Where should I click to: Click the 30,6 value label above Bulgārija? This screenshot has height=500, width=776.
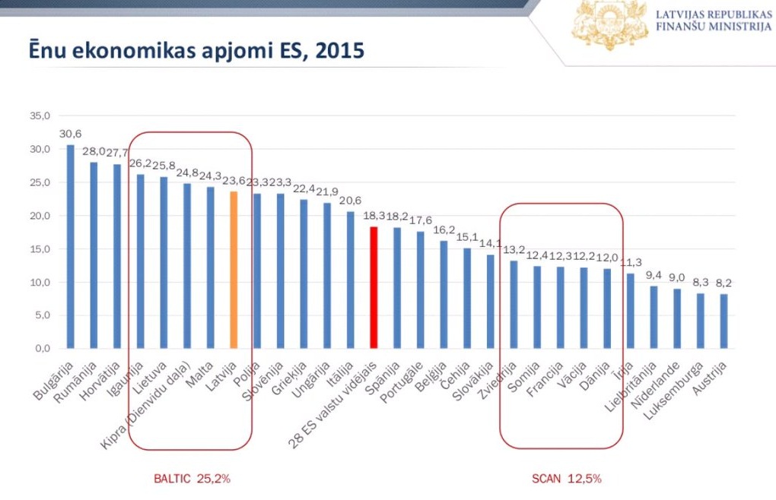(70, 134)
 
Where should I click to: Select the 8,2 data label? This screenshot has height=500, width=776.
(723, 283)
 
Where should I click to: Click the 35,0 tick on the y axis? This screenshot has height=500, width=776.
(40, 116)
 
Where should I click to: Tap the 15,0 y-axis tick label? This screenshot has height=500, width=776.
(40, 249)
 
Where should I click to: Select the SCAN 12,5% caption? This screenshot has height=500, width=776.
(566, 479)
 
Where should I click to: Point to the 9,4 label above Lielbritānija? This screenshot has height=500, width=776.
(653, 276)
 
